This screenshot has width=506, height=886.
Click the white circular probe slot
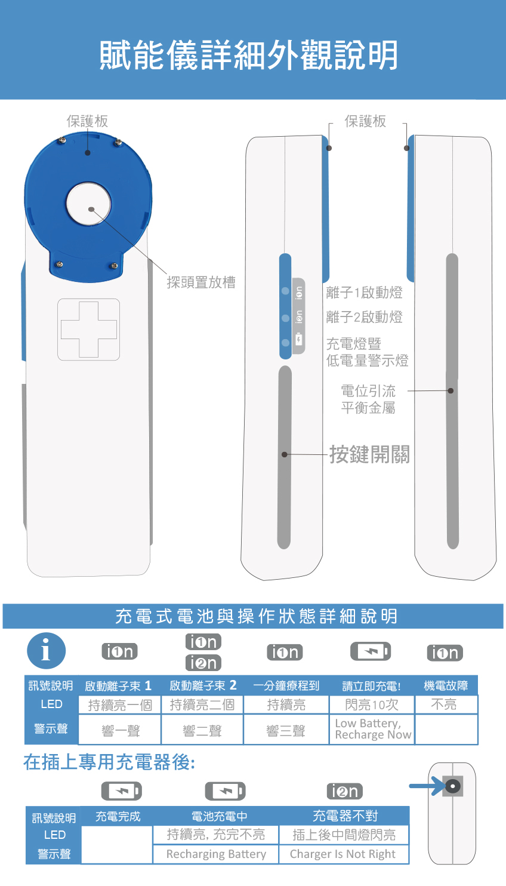click(88, 204)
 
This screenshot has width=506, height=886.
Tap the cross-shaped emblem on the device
click(88, 330)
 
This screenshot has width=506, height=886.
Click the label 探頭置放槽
click(201, 282)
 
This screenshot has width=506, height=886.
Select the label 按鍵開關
click(369, 454)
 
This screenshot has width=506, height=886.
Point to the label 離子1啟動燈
click(365, 293)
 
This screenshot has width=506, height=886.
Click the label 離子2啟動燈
click(365, 317)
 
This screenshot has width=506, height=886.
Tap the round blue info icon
click(47, 651)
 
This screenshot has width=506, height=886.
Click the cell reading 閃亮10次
click(372, 705)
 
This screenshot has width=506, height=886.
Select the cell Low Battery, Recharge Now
click(372, 729)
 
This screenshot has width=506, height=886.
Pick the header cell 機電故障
click(446, 685)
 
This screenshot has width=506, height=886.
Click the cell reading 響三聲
click(286, 730)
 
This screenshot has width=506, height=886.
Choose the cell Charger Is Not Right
click(343, 854)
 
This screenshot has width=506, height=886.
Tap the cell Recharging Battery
click(216, 854)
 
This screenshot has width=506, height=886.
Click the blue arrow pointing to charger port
click(427, 786)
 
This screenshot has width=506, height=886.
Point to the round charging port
click(453, 786)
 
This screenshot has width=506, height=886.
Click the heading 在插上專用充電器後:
click(110, 762)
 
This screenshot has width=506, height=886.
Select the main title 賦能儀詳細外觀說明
click(249, 55)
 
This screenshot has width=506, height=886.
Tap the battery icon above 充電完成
click(122, 791)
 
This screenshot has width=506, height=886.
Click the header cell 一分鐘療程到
click(286, 685)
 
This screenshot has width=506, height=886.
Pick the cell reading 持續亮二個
click(202, 705)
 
